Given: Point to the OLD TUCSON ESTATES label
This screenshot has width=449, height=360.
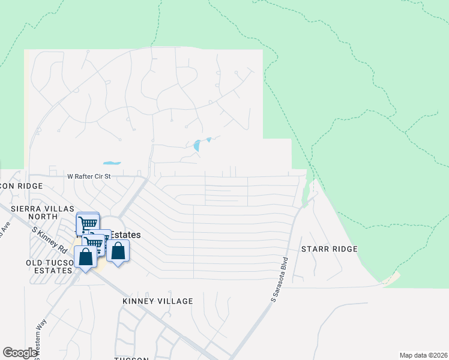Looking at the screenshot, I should (x=49, y=266).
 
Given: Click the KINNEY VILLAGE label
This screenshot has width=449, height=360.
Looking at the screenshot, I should (x=157, y=301).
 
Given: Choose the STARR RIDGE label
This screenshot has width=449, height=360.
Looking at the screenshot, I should (x=329, y=248).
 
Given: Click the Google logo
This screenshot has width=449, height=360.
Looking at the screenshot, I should (x=20, y=353).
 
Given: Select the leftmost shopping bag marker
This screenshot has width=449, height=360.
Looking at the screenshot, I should (x=86, y=256).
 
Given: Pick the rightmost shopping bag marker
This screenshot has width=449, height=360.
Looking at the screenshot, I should (x=118, y=251).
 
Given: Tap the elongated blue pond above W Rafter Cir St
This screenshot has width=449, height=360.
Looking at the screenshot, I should (x=112, y=163).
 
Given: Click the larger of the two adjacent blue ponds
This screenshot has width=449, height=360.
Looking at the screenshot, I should (x=197, y=146).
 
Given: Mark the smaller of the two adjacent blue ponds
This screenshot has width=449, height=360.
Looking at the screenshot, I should (x=209, y=140).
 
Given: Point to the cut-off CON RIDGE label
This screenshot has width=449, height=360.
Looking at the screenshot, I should (x=11, y=186).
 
